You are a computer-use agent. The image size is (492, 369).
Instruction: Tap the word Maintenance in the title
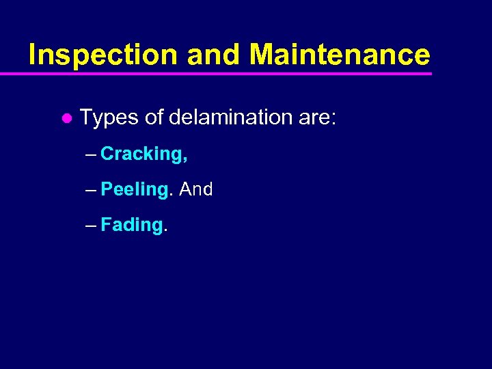pos(340,55)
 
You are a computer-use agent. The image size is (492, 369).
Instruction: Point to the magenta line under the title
pos(225,73)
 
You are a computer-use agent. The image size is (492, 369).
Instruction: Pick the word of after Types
pos(154,117)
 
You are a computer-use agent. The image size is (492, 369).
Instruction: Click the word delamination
pos(230,117)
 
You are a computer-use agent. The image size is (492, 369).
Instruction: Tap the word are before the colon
pos(314,118)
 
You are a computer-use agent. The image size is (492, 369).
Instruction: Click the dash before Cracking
pos(92,154)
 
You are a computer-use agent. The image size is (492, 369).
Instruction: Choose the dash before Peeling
pos(92,190)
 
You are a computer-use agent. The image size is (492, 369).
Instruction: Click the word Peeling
pos(133,190)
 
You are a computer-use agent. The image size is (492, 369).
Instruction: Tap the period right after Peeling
pos(170,195)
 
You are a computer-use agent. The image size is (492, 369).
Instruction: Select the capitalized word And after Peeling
pos(196,189)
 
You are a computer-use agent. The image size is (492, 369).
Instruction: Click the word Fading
pos(131,225)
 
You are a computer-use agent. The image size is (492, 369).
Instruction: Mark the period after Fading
pos(165,231)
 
